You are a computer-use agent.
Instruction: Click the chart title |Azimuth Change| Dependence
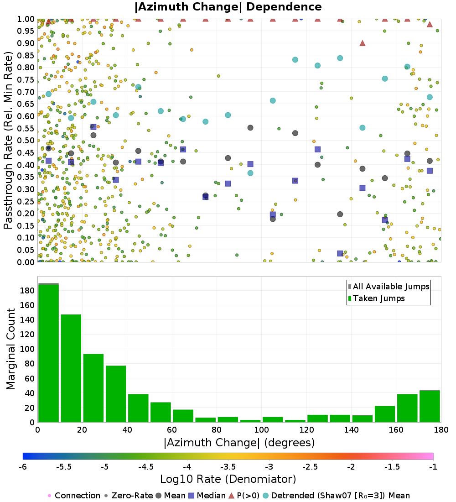pyautogui.click(x=228, y=7)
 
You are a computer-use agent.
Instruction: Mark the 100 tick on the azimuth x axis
pyautogui.click(x=261, y=429)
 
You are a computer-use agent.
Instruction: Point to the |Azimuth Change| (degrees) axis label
pyautogui.click(x=238, y=442)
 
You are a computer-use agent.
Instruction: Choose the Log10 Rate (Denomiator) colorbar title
pyautogui.click(x=228, y=479)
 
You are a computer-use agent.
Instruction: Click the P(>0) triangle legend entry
pyautogui.click(x=251, y=496)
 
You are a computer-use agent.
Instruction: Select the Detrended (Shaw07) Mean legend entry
pyautogui.click(x=340, y=496)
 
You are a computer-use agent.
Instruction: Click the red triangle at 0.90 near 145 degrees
pyautogui.click(x=363, y=43)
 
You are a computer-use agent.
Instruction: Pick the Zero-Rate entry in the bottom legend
pyautogui.click(x=129, y=496)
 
